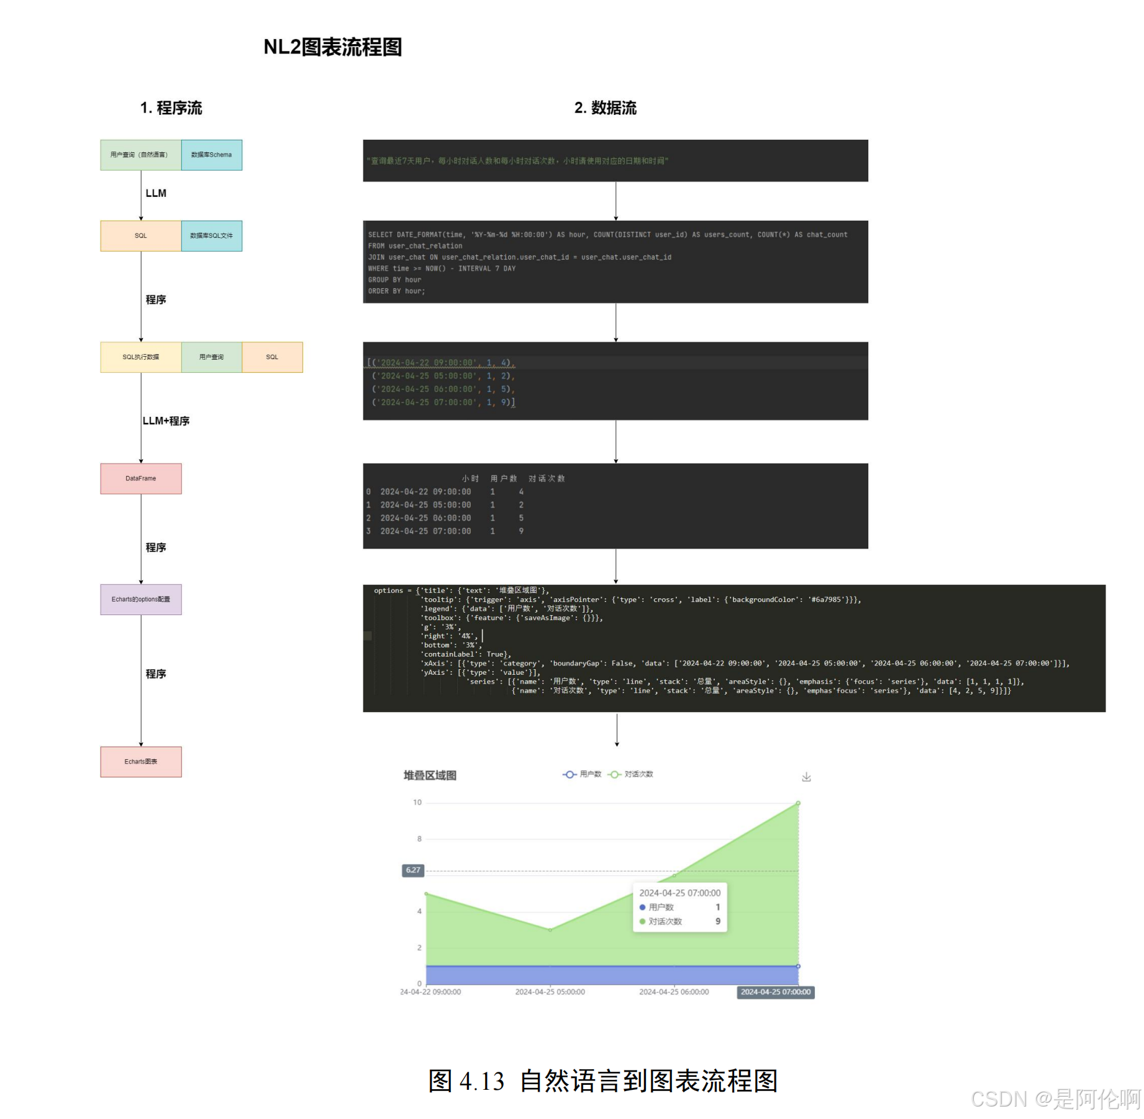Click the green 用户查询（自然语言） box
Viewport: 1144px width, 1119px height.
point(140,155)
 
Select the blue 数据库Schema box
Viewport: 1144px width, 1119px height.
point(211,155)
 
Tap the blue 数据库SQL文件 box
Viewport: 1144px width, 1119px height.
point(211,235)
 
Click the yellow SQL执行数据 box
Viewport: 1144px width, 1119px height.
point(140,357)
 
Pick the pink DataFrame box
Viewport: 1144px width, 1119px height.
point(140,478)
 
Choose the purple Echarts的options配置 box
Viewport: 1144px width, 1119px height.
point(140,600)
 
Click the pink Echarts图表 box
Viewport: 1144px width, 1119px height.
point(140,762)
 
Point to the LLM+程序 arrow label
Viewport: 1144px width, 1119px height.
point(166,421)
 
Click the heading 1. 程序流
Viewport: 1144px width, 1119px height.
point(171,108)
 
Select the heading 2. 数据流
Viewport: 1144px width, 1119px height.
point(605,108)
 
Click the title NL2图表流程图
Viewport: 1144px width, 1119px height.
point(332,47)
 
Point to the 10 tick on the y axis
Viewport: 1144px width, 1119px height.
point(417,803)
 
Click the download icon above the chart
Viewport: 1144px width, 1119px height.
point(806,777)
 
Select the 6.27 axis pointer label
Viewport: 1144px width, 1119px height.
point(413,870)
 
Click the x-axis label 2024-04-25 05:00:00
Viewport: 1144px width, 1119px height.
point(550,992)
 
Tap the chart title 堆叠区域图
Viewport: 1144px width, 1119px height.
point(430,775)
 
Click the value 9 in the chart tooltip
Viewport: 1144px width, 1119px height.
point(718,921)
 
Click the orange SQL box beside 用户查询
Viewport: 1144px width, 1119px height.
point(272,357)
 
